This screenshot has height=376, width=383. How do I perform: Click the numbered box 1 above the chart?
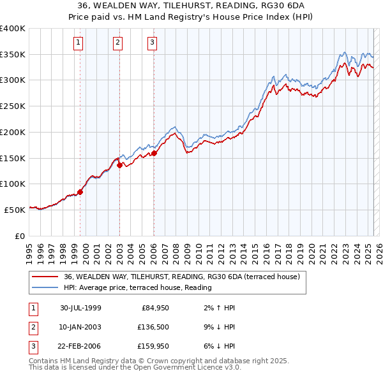(x=78, y=43)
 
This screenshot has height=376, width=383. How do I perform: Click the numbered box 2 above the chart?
(x=118, y=43)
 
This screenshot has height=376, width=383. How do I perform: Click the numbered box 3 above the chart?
(x=153, y=43)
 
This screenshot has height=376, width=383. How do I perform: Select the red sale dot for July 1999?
(x=80, y=191)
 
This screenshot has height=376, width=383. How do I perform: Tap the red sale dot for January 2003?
(x=119, y=164)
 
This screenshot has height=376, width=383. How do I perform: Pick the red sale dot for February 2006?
(x=154, y=152)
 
